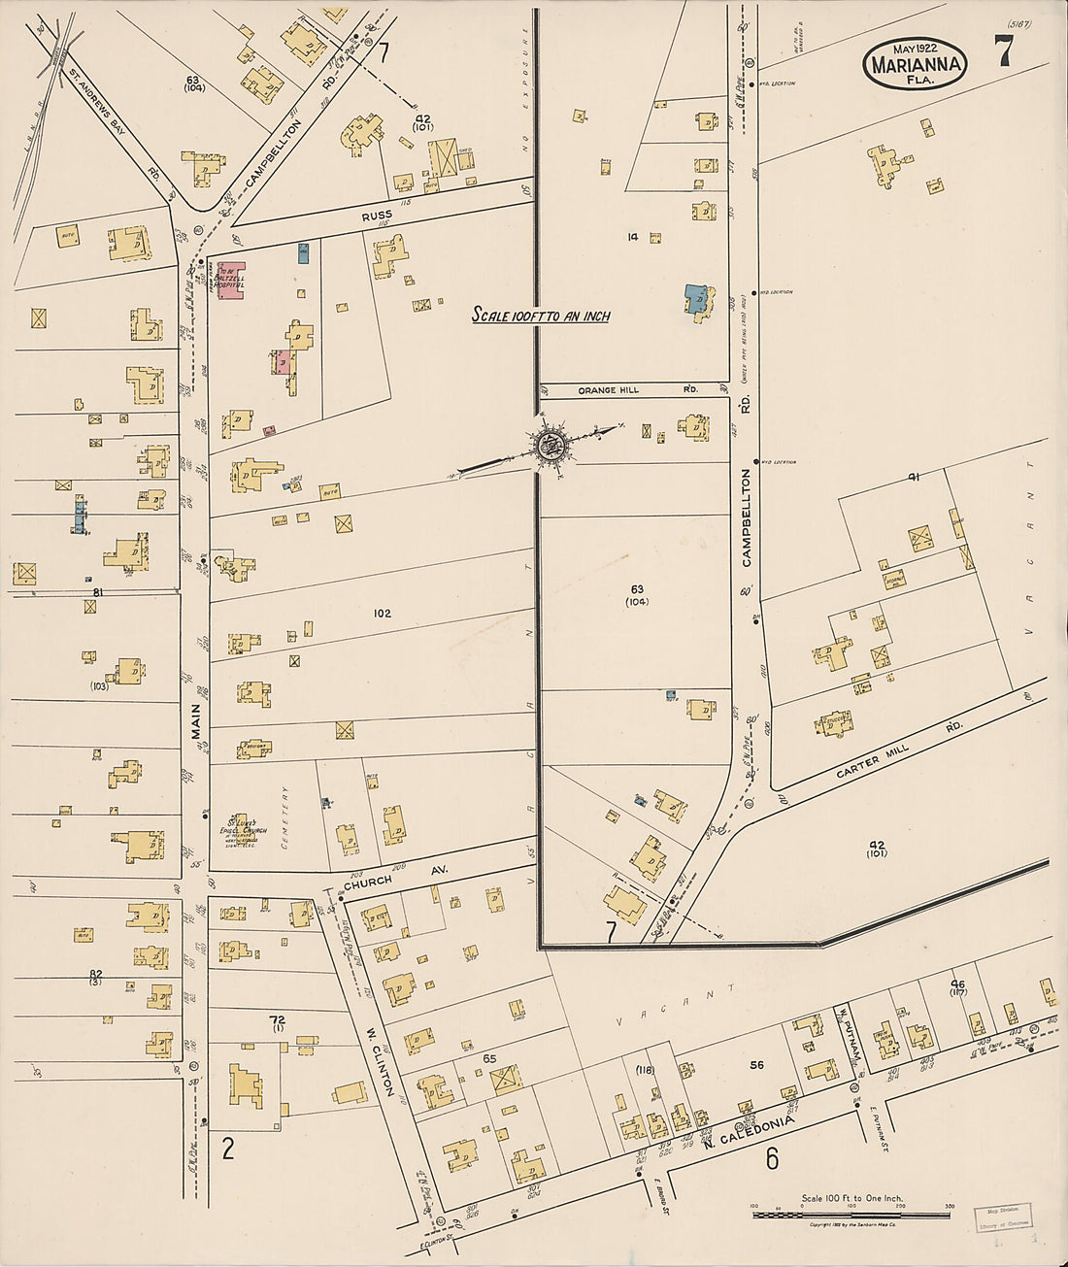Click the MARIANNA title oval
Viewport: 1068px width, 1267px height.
pyautogui.click(x=916, y=65)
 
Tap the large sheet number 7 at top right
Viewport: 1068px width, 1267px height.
pyautogui.click(x=1003, y=50)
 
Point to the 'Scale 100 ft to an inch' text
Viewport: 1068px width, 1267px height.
pyautogui.click(x=541, y=315)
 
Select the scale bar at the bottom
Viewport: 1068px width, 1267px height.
pyautogui.click(x=851, y=1215)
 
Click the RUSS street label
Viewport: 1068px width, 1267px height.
pyautogui.click(x=377, y=215)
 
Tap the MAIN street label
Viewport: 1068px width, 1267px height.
pyautogui.click(x=195, y=720)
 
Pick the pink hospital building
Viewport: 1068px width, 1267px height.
pyautogui.click(x=231, y=281)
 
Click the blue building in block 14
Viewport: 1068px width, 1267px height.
pyautogui.click(x=694, y=301)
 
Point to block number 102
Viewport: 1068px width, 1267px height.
pyautogui.click(x=382, y=613)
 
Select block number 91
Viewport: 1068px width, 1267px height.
pyautogui.click(x=913, y=476)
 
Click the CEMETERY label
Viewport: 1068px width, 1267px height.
pyautogui.click(x=285, y=817)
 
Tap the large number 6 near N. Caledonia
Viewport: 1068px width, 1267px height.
pyautogui.click(x=772, y=1158)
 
